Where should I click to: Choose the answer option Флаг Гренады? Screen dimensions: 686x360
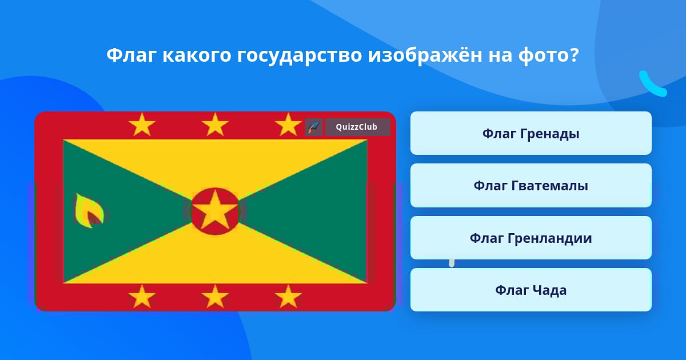coord(531,133)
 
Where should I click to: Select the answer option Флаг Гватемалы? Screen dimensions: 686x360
coord(531,186)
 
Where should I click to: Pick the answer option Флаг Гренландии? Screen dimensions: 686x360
coord(531,238)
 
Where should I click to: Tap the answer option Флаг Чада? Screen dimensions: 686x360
coord(531,290)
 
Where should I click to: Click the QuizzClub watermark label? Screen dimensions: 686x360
coord(357,127)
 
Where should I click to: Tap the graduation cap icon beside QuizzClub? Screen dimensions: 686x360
coord(314,127)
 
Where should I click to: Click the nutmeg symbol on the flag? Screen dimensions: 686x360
coord(89,211)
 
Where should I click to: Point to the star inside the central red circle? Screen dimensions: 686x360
coord(215,210)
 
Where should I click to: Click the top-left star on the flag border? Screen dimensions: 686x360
coord(142,125)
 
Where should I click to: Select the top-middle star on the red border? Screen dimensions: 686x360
coord(215,125)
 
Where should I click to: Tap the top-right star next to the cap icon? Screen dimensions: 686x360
coord(288,125)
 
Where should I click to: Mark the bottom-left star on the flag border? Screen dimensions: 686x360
coord(142,297)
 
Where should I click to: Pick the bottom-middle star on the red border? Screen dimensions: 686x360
coord(215,297)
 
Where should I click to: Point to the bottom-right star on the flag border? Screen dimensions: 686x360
coord(288,297)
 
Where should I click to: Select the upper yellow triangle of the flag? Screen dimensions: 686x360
coord(215,162)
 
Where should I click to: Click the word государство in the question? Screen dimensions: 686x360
coord(300,56)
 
